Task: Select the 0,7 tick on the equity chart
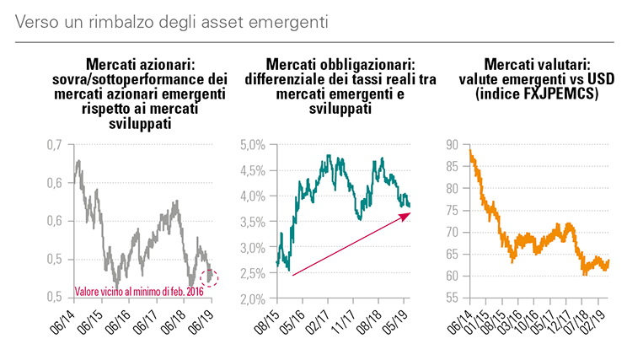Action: pyautogui.click(x=53, y=145)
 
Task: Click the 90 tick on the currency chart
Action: pyautogui.click(x=452, y=145)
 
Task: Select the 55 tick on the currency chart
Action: pyautogui.click(x=452, y=298)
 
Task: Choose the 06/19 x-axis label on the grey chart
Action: pyautogui.click(x=202, y=321)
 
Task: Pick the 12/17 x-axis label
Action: pyautogui.click(x=557, y=321)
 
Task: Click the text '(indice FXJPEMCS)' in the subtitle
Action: pyautogui.click(x=536, y=94)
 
